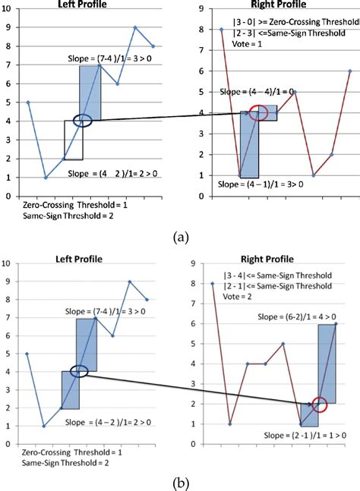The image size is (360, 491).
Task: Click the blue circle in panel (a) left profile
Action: coord(83,121)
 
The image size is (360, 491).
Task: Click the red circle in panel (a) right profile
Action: coord(259,113)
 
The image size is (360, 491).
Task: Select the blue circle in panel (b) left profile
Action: coord(80,371)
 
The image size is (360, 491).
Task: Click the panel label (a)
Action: coord(181,237)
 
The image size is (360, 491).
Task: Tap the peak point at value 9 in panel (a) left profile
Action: coord(135,28)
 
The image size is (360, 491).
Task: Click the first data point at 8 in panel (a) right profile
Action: coord(222,30)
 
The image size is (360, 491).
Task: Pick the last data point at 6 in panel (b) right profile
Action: coord(335,323)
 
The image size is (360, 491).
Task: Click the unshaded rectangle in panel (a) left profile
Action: coord(73,140)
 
